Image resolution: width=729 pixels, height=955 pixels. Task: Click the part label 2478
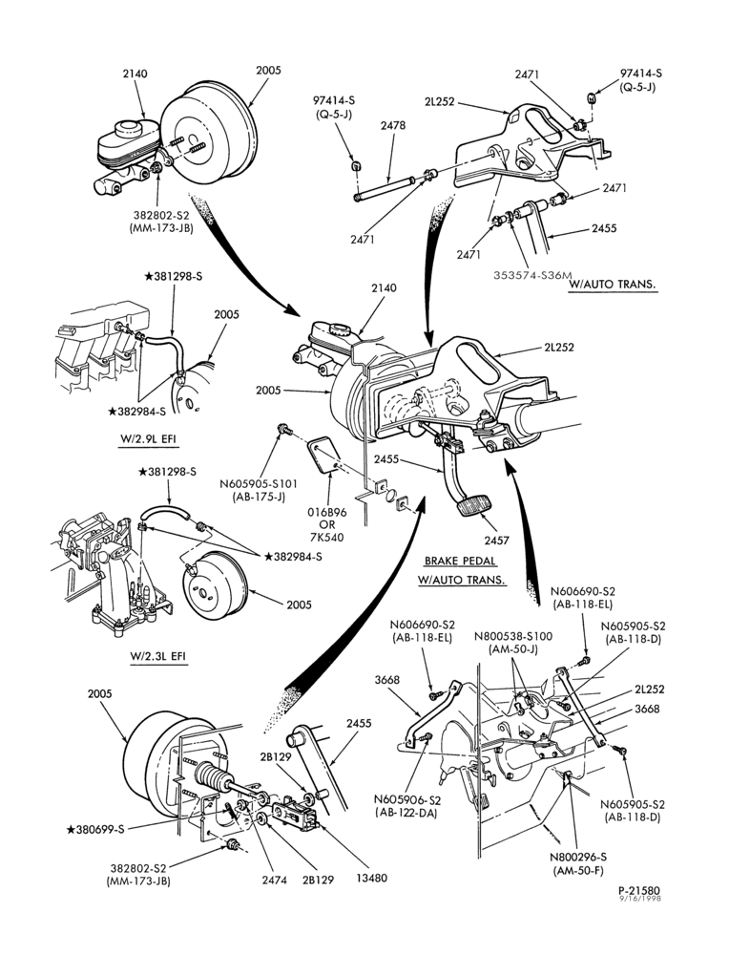(393, 125)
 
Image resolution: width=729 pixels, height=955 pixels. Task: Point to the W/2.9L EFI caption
(147, 439)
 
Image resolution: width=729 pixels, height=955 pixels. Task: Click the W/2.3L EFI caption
(158, 656)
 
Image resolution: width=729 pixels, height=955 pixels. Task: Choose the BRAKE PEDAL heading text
(461, 561)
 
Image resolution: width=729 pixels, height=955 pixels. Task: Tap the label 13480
(372, 878)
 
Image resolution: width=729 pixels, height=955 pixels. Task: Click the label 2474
(275, 880)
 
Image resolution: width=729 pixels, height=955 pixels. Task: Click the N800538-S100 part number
(513, 636)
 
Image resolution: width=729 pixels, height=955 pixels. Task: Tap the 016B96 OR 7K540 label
(327, 524)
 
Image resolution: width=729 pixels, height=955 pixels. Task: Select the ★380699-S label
(94, 829)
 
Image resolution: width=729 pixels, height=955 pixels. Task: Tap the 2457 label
(496, 540)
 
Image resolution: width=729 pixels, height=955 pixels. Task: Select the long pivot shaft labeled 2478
(385, 188)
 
